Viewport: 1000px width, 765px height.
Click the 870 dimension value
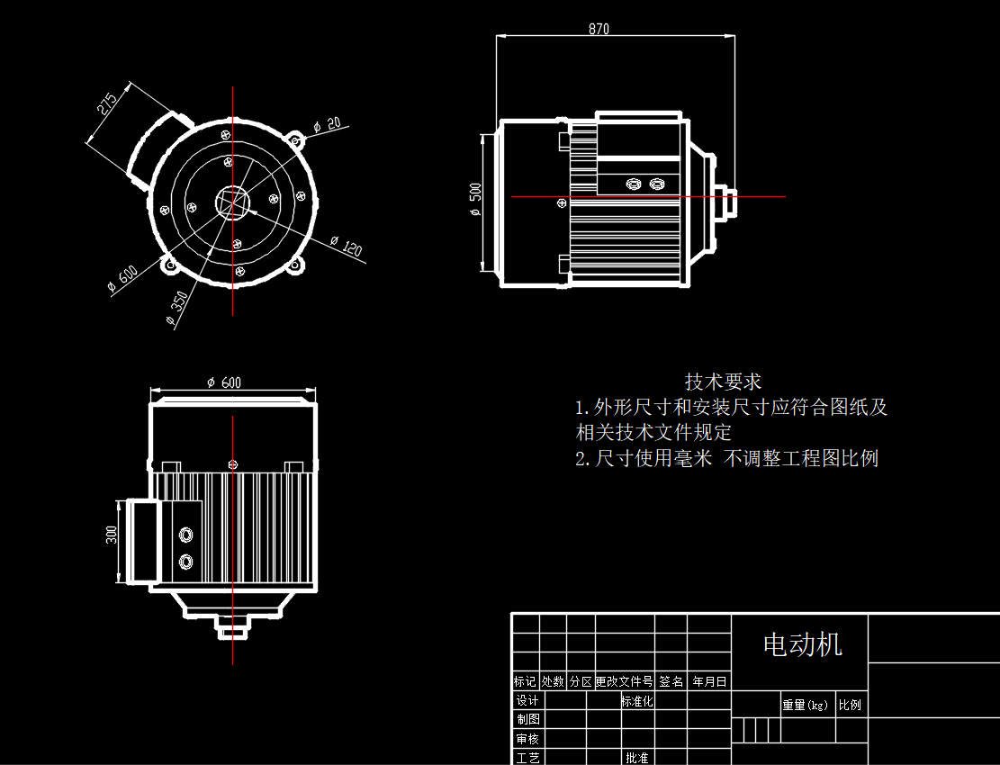click(599, 29)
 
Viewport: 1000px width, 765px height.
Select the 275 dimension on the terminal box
click(107, 104)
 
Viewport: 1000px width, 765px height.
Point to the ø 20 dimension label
click(328, 125)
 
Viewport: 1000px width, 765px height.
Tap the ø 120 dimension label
click(347, 246)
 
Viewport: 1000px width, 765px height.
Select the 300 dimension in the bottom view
click(112, 535)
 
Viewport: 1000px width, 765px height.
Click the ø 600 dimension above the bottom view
click(224, 382)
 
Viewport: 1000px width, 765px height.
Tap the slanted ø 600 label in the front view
click(122, 279)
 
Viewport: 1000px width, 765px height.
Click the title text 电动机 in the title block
click(802, 644)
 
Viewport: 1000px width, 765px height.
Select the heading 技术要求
click(723, 382)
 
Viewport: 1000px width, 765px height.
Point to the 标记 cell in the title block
click(525, 682)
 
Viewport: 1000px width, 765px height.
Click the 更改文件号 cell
click(624, 682)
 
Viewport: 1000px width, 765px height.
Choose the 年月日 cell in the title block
click(709, 682)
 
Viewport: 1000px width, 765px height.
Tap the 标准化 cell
click(637, 701)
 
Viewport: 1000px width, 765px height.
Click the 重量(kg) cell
click(805, 705)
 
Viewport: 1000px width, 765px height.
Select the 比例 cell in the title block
click(850, 705)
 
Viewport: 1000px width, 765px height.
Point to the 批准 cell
click(637, 758)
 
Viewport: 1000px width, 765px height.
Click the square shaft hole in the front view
click(233, 202)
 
